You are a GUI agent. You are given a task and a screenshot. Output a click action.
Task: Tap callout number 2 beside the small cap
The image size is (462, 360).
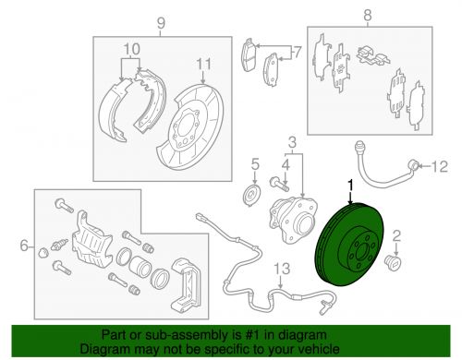(396, 236)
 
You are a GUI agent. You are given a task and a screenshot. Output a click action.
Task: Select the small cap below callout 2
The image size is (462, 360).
(394, 262)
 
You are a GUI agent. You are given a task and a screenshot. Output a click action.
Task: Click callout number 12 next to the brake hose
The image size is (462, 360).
(440, 166)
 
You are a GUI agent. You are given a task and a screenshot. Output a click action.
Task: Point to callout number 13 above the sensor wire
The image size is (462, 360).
(282, 269)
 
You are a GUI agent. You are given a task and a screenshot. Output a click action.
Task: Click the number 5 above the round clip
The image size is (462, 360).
(255, 164)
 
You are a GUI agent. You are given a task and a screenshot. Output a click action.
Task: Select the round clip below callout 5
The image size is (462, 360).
(252, 196)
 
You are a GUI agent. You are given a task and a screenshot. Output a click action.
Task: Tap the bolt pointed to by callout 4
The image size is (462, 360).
(279, 184)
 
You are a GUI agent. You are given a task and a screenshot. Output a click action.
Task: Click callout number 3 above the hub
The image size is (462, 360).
(292, 142)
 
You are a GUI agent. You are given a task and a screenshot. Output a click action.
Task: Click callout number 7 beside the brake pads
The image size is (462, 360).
(297, 53)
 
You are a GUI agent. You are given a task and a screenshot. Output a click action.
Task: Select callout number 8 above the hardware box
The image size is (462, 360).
(368, 15)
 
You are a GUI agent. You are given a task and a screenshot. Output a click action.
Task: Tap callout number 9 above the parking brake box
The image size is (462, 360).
(161, 23)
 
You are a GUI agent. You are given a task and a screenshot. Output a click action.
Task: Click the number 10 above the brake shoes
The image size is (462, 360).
(132, 49)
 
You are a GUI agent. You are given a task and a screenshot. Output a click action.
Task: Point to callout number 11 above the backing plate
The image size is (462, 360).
(203, 65)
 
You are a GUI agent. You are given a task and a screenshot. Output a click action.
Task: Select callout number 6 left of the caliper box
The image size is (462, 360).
(24, 246)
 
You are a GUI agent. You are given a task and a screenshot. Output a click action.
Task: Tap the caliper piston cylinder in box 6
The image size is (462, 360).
(140, 266)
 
